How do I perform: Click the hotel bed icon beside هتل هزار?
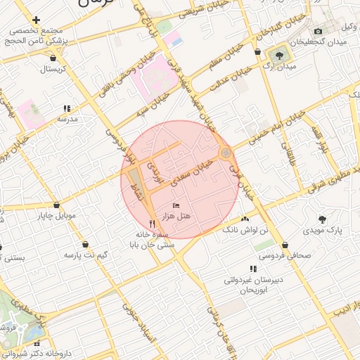[x=176, y=204]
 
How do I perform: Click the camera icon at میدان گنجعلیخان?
[x=319, y=31]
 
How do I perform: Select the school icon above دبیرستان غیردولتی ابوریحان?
[x=252, y=269]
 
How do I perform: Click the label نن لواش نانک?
[x=245, y=230]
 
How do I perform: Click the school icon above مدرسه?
[x=67, y=108]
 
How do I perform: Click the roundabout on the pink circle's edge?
[x=225, y=153]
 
